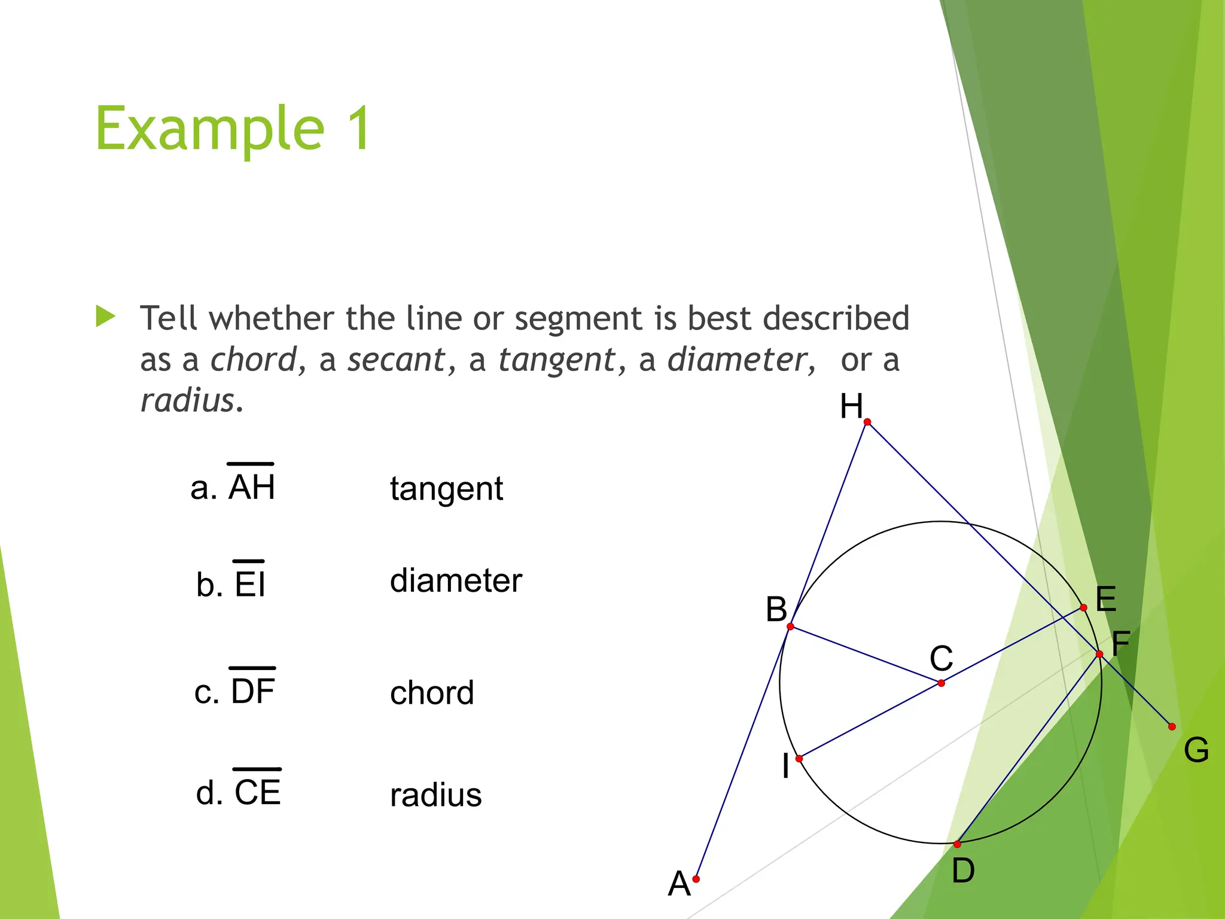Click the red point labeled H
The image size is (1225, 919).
point(867,422)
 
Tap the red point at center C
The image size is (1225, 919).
point(941,683)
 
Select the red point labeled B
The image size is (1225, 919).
point(791,626)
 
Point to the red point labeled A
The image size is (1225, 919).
point(696,879)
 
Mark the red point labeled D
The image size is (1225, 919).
point(957,844)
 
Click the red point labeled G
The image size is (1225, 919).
point(1172,727)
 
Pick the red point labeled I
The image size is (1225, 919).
point(799,759)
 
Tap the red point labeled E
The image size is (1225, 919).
point(1084,608)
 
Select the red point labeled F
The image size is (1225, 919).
point(1099,654)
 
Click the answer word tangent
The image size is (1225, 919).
point(446,489)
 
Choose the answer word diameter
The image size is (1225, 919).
point(456,580)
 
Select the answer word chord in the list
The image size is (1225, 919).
point(432,693)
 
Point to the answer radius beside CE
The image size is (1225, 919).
point(435,795)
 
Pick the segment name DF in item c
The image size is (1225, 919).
point(252,691)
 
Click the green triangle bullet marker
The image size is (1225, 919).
point(105,317)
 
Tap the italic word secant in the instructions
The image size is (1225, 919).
point(397,360)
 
